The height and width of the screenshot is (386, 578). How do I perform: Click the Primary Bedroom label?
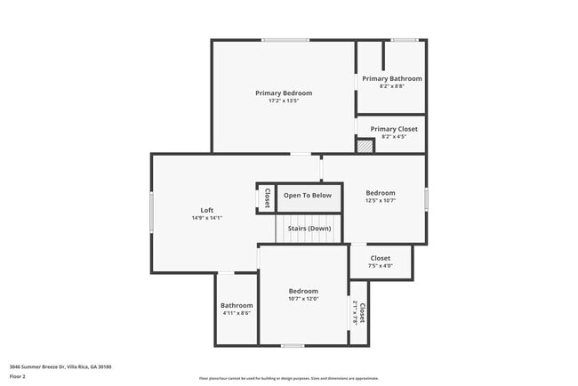pyautogui.click(x=284, y=92)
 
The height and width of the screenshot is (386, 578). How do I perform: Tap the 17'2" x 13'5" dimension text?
pyautogui.click(x=284, y=101)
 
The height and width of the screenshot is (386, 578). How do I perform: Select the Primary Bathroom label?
pyautogui.click(x=391, y=78)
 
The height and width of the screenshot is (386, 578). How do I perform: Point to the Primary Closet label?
pyautogui.click(x=393, y=129)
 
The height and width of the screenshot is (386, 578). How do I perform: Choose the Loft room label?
pyautogui.click(x=206, y=210)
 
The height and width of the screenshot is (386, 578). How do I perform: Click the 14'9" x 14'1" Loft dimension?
pyautogui.click(x=206, y=218)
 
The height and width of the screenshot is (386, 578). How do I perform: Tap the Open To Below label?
pyautogui.click(x=308, y=196)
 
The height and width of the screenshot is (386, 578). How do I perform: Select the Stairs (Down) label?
pyautogui.click(x=309, y=229)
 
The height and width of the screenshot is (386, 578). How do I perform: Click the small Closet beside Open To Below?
pyautogui.click(x=266, y=197)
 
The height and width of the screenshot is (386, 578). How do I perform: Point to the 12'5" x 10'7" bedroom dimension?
pyautogui.click(x=381, y=201)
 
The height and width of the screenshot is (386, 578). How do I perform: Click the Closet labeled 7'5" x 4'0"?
pyautogui.click(x=380, y=259)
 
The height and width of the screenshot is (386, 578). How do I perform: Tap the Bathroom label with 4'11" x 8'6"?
pyautogui.click(x=237, y=305)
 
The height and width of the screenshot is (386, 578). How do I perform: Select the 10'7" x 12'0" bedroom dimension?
pyautogui.click(x=302, y=299)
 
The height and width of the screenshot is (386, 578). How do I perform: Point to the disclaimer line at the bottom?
pyautogui.click(x=288, y=379)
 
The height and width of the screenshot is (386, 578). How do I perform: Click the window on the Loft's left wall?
pyautogui.click(x=151, y=213)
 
